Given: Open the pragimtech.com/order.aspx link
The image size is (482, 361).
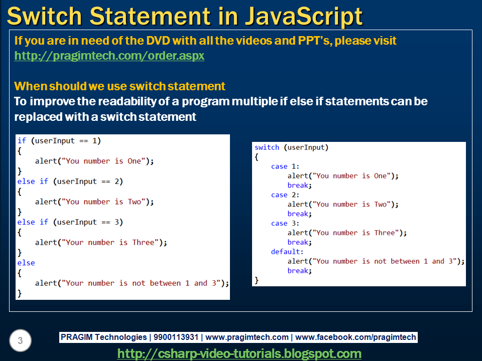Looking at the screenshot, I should [109, 56].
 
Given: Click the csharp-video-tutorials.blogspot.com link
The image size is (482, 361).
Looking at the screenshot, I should [239, 353].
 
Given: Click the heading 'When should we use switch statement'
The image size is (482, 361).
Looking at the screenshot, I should [119, 86].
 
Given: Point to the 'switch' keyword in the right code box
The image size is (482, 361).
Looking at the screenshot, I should [267, 147].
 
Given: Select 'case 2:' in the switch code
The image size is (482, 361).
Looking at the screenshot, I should [285, 195].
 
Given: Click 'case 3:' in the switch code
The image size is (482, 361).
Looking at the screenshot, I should [285, 223].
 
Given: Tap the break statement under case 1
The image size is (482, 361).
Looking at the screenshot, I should [299, 186].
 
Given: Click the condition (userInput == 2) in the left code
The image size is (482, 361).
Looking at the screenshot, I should [88, 182].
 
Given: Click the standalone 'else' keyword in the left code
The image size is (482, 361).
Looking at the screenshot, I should [26, 263].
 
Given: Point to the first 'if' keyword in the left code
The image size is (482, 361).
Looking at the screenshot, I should [22, 141].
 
